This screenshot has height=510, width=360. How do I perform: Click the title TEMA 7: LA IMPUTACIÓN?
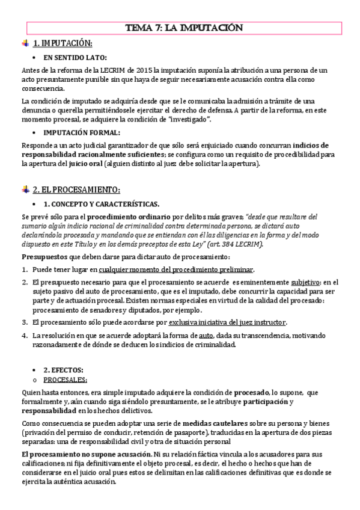(179, 28)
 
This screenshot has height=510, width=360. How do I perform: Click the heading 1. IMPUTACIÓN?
(63, 44)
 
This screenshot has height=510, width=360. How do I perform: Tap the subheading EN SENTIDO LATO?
(75, 58)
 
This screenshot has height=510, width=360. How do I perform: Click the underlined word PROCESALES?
(66, 379)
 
